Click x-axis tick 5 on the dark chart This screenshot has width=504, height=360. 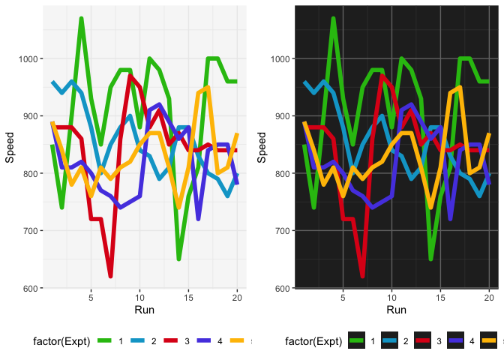[343, 298]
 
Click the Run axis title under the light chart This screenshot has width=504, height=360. [144, 310]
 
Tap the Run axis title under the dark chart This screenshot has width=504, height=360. [396, 310]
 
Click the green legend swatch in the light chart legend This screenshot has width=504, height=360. [104, 341]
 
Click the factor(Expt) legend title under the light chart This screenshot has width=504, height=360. [62, 341]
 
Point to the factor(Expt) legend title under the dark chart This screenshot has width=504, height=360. [314, 341]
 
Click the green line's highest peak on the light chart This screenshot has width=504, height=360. [81, 19]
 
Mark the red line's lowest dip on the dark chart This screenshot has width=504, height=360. [363, 277]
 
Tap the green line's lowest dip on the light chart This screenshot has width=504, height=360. [179, 259]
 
